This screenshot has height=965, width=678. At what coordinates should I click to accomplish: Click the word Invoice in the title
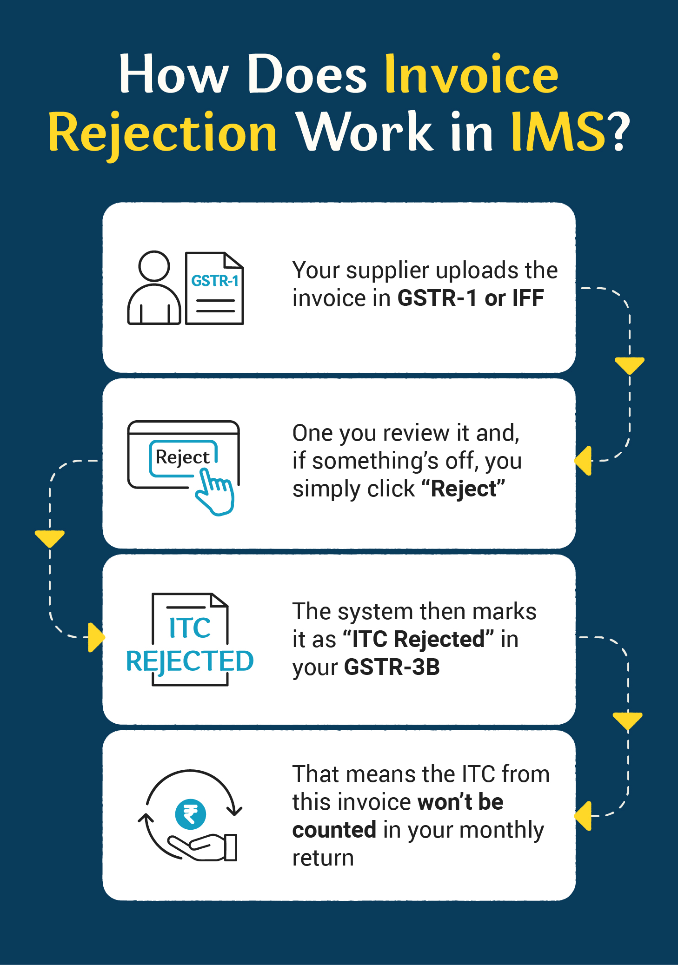(x=471, y=74)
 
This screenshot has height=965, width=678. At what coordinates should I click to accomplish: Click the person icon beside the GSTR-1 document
(x=154, y=288)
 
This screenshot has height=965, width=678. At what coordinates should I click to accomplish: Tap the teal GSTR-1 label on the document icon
(x=215, y=281)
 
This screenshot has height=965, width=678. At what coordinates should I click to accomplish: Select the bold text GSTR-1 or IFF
(x=471, y=298)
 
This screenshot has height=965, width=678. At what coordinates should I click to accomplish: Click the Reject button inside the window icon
(x=183, y=457)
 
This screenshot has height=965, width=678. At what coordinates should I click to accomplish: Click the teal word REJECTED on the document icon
(x=190, y=661)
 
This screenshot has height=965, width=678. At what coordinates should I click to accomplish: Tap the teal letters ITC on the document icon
(x=190, y=628)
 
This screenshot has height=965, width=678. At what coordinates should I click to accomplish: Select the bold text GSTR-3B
(x=392, y=668)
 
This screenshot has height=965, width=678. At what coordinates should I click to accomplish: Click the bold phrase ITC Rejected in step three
(x=419, y=640)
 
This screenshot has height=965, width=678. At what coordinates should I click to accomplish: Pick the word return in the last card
(x=323, y=858)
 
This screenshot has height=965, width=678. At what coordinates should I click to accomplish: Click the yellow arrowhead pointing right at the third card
(x=96, y=637)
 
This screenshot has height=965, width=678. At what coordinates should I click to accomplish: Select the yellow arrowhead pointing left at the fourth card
(x=583, y=816)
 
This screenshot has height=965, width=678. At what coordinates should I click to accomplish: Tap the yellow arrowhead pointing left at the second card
(x=583, y=461)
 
